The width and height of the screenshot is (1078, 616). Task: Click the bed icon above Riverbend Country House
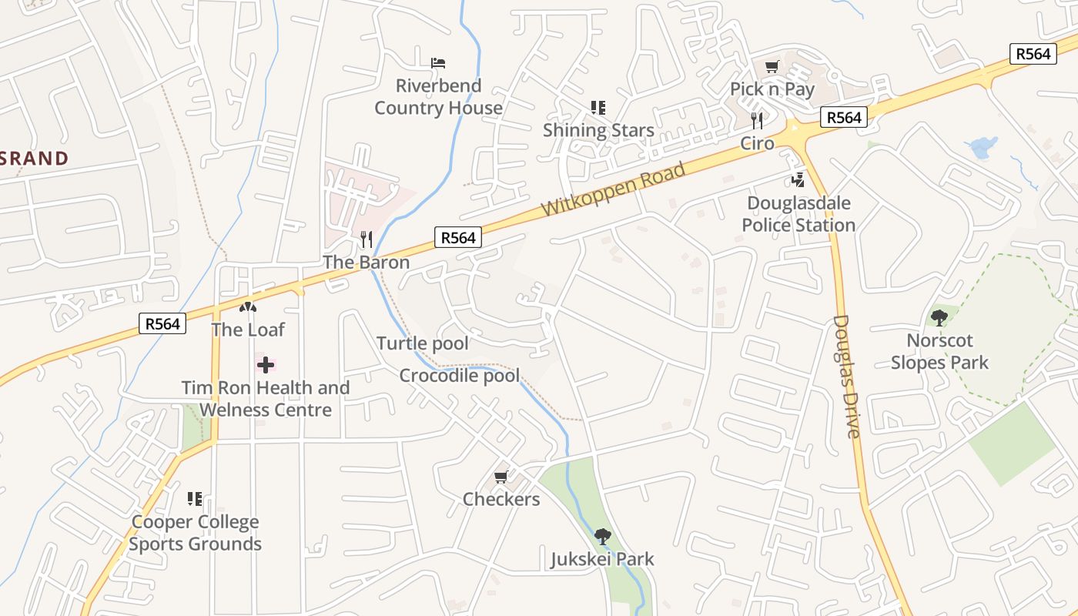[x=438, y=62]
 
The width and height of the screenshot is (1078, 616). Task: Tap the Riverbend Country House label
[x=438, y=97]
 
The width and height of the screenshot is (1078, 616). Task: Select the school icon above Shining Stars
[x=598, y=108]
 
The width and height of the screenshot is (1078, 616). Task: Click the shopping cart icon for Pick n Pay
[x=772, y=67]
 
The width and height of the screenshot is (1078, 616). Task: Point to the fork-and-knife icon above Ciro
[x=757, y=120]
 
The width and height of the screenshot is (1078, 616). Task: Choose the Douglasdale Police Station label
[x=798, y=214]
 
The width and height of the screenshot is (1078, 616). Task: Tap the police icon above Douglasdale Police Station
[x=798, y=181]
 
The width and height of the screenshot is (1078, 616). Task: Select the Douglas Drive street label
[x=846, y=376]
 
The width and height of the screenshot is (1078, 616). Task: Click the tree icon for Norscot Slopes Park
[x=939, y=317]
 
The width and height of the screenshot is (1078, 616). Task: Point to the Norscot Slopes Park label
[x=939, y=351]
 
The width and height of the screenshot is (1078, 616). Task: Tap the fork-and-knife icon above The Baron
[x=367, y=239]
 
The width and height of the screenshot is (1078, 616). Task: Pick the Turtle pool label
[x=423, y=343]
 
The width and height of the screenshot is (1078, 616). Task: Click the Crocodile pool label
[x=460, y=376]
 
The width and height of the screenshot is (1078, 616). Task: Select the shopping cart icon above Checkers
[x=501, y=477]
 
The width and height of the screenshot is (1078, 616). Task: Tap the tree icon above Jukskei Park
[x=602, y=536]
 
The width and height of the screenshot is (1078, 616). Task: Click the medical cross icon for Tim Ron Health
[x=265, y=364]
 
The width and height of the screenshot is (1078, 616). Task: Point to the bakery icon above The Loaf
[x=247, y=307]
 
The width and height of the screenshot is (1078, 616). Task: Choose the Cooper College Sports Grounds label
[x=195, y=533]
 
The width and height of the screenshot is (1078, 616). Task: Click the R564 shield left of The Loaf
[x=163, y=323]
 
